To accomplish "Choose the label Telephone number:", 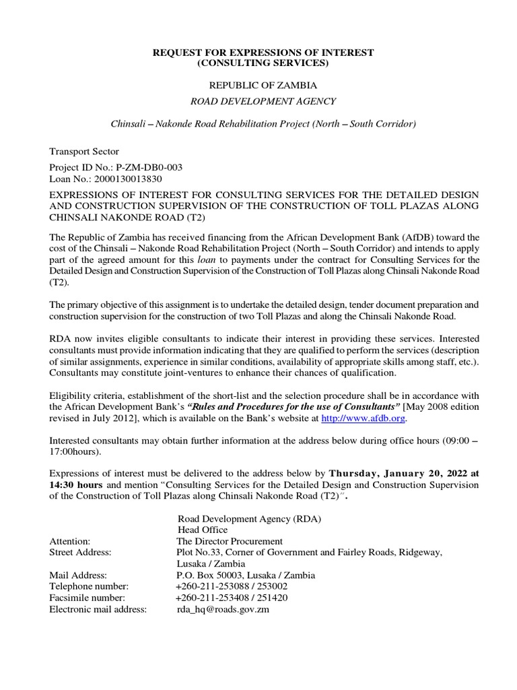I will click(89, 587).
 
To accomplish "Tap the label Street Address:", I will click(81, 553).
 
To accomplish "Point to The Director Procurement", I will click(230, 541).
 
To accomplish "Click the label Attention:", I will click(70, 541).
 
